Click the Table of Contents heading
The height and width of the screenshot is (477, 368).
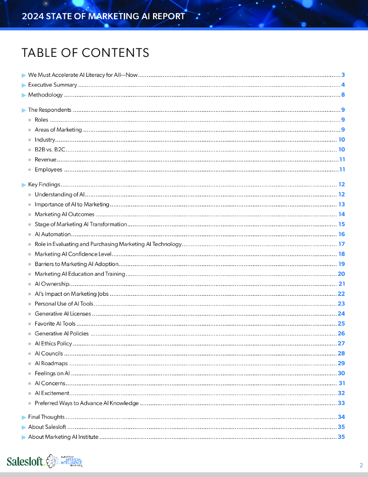(x=85, y=53)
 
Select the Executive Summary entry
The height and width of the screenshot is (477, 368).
(x=53, y=85)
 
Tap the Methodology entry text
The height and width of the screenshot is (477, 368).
(x=45, y=95)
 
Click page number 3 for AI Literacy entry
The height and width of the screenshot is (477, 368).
(x=342, y=75)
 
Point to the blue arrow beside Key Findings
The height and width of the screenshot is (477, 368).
(x=24, y=185)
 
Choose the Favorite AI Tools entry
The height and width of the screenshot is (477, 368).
(x=55, y=324)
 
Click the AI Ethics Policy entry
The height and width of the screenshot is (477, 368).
(x=53, y=344)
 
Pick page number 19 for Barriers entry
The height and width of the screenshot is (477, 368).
(x=341, y=264)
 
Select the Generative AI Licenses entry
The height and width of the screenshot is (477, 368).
(x=63, y=314)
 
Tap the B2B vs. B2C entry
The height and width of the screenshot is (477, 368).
(x=50, y=150)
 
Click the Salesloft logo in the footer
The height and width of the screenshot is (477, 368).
(x=26, y=461)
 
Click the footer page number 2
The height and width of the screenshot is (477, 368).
(x=361, y=465)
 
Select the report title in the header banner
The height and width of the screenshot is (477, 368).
(x=103, y=16)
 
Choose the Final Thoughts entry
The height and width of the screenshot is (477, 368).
(x=46, y=417)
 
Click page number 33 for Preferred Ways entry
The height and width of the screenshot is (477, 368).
(x=341, y=403)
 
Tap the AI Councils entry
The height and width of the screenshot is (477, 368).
(x=48, y=354)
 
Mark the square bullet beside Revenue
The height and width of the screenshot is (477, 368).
(x=30, y=160)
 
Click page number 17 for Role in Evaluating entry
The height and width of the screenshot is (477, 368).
(x=341, y=244)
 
